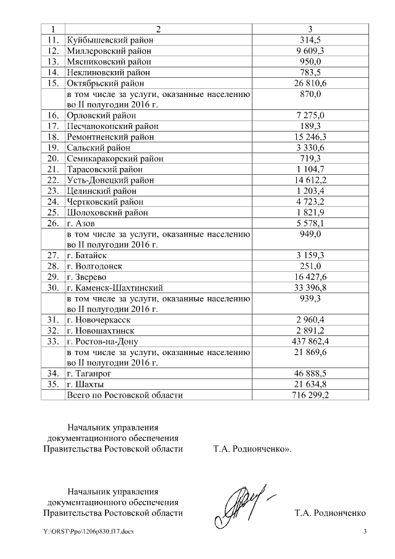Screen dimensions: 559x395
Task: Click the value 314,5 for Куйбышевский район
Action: [x=310, y=40]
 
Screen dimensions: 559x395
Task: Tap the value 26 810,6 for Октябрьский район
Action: [x=310, y=83]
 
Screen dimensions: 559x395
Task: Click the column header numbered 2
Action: [x=158, y=29]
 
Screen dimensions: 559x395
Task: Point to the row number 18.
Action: [x=53, y=137]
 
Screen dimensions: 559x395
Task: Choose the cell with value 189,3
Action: [x=310, y=126]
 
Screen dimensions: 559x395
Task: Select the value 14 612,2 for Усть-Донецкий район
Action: [x=310, y=180]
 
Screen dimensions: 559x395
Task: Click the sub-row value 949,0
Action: [x=310, y=234]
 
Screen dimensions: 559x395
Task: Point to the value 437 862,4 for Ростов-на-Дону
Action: [x=310, y=341]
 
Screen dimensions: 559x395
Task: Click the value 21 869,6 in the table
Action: [x=310, y=352]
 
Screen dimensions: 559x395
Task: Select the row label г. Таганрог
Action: [x=91, y=374]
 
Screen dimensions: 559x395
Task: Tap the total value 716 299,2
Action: [x=310, y=395]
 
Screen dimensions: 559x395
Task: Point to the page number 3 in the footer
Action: [x=364, y=532]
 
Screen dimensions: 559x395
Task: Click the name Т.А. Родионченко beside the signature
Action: [x=330, y=513]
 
